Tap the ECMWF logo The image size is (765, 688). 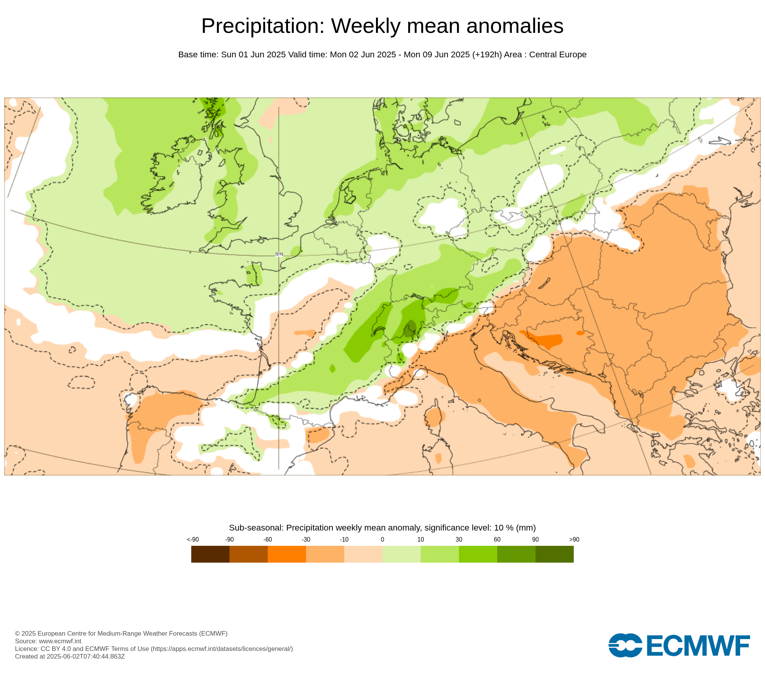[x=679, y=646]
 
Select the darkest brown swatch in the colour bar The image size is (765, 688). [x=210, y=554]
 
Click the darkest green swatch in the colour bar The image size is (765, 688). [x=554, y=554]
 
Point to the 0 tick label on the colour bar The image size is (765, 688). [x=382, y=540]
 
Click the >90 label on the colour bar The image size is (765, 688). [x=574, y=540]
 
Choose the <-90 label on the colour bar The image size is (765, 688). [x=193, y=540]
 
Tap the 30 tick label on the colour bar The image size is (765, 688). [x=459, y=540]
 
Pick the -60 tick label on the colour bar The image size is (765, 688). [x=268, y=540]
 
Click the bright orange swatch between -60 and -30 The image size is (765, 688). [x=287, y=554]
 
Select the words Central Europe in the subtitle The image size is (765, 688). [x=558, y=55]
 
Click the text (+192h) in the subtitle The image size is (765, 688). [x=487, y=55]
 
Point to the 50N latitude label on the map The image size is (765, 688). [x=279, y=254]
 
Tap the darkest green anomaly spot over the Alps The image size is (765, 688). [x=410, y=329]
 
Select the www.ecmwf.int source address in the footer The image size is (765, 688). [x=60, y=641]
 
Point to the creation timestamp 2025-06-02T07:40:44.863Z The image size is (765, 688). [x=86, y=656]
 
